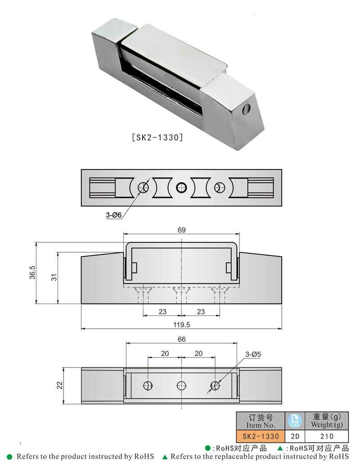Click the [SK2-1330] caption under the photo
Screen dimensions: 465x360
(157, 138)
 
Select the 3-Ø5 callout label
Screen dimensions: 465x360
(253, 355)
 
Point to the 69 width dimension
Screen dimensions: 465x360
(181, 230)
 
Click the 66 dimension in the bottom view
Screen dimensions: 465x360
(181, 340)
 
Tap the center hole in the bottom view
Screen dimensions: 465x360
(181, 385)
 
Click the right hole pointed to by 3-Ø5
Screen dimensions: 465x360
(216, 385)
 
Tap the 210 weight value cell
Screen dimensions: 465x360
(327, 436)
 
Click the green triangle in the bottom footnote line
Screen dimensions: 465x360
(165, 457)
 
